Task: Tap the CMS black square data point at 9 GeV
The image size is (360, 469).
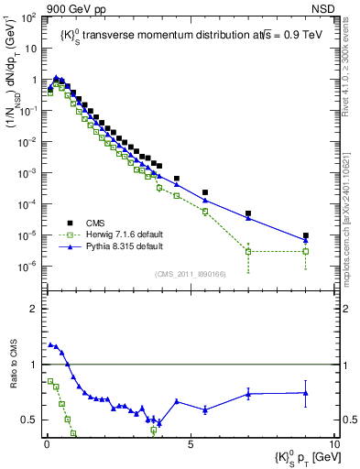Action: click(306, 235)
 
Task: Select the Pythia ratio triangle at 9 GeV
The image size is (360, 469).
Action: click(306, 393)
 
